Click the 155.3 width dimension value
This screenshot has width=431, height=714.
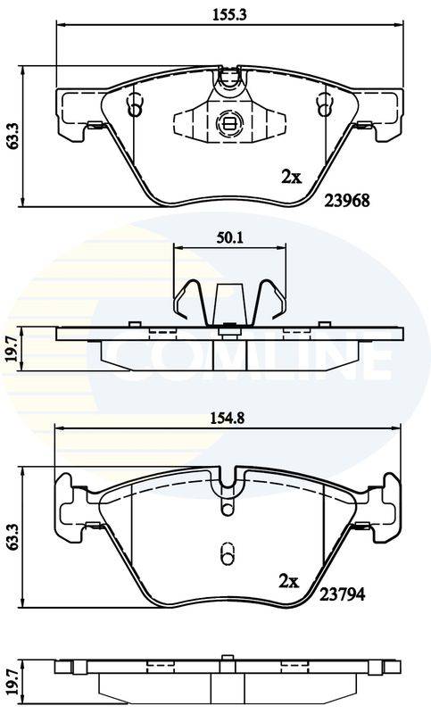pos(229,14)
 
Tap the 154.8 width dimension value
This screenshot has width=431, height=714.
pos(228,418)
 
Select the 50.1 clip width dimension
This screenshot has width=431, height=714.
pos(229,237)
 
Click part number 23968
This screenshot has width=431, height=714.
pos(347,200)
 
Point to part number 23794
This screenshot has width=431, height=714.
pos(342,594)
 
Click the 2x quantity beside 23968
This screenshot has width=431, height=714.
pos(291,177)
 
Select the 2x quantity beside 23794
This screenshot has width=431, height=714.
pos(288,581)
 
